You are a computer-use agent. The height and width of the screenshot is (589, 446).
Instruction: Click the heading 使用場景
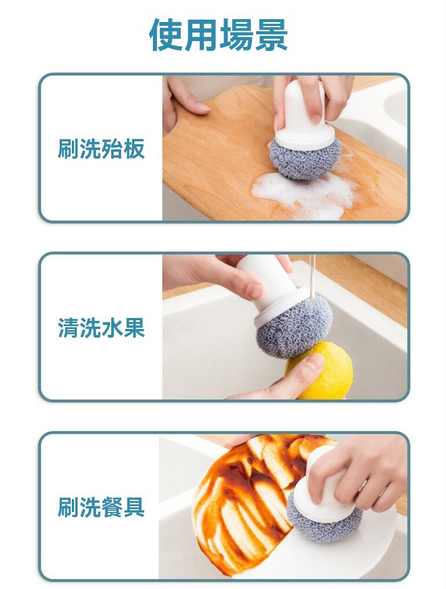point(218,35)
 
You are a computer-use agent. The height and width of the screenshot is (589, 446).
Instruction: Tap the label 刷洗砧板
point(101,148)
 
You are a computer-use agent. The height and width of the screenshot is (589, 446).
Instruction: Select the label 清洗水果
point(101,328)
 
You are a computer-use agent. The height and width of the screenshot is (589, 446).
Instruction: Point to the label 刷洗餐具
point(101,507)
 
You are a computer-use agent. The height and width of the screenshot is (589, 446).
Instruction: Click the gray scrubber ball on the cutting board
point(305,158)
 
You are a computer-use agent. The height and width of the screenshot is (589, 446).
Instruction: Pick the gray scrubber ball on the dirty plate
point(324,518)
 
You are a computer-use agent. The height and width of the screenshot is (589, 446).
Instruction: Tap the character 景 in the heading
point(271,35)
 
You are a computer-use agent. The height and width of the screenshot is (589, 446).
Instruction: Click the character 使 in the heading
point(166,35)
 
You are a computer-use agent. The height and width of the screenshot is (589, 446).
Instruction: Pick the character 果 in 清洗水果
point(134,328)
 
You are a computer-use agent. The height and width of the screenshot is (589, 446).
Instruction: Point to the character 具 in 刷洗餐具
point(134,507)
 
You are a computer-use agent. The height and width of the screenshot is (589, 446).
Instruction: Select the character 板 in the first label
point(134,148)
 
